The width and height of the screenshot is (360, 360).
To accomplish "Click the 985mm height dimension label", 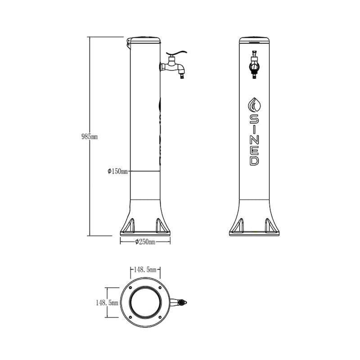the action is pos(90,137).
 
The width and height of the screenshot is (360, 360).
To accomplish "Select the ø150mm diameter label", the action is pos(117,171).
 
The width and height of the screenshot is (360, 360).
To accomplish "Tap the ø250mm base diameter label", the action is pos(145,242).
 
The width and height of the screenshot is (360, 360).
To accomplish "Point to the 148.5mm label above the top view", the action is pos(145,270).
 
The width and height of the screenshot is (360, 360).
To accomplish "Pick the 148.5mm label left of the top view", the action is pos(107,303).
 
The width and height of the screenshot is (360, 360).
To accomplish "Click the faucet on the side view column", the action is pos(174,65).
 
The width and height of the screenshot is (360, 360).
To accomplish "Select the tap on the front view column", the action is pos(254,65).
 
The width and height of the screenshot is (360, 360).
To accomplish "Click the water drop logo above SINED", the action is pos(254,105).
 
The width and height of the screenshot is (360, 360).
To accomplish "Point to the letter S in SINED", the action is pos(254,119).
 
